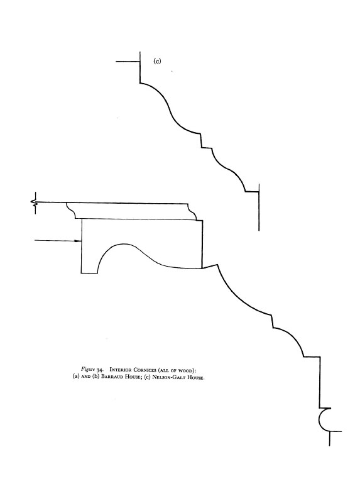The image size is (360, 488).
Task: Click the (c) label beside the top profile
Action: pos(157,61)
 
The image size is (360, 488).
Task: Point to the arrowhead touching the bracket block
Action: pos(79,241)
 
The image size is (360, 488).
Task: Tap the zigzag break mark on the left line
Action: pos(34,203)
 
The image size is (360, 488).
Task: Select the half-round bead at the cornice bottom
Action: pos(324,419)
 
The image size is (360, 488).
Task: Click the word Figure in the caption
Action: pos(88,369)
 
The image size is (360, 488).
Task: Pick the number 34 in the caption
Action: pos(100,370)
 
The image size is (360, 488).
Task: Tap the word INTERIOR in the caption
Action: pos(121,370)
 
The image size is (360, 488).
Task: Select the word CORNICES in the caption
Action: pos(145,370)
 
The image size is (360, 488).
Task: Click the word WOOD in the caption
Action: pos(187,370)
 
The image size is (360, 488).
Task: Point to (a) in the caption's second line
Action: pos(76,377)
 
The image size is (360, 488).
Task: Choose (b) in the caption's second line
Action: pos(95,377)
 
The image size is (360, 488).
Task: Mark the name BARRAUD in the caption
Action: pos(111,377)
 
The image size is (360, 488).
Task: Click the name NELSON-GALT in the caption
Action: pos(166,377)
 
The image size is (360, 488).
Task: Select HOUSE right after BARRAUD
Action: pos(132,377)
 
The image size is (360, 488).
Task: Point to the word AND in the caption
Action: pos(85,377)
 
